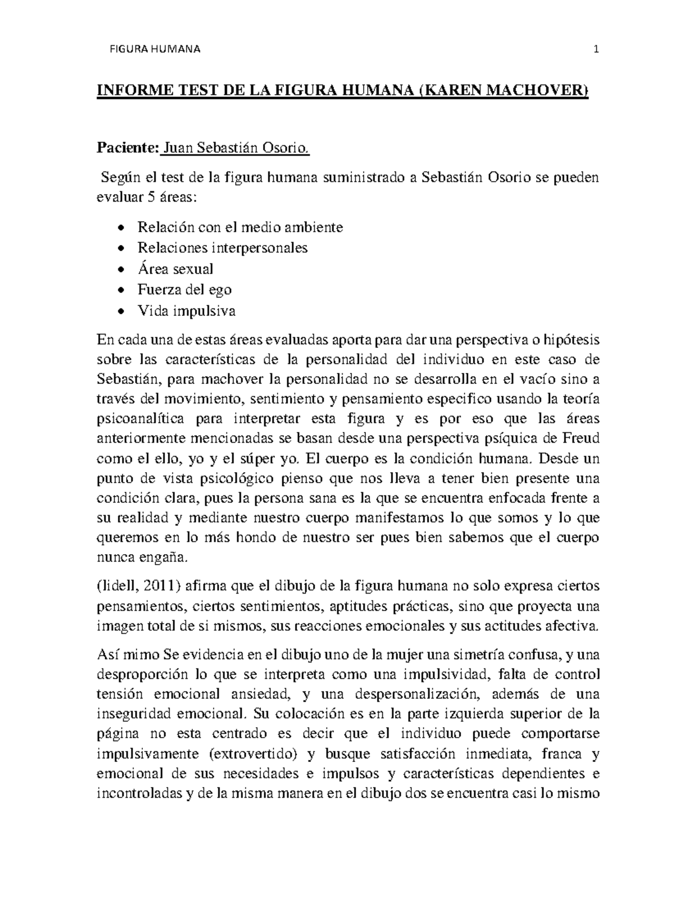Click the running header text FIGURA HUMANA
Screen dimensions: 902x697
click(155, 49)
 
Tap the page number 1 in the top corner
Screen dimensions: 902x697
click(595, 49)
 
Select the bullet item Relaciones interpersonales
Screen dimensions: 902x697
click(222, 248)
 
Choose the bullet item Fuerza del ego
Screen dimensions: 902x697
click(184, 290)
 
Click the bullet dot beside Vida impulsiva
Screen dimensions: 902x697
click(120, 312)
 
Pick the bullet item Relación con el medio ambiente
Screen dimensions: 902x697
click(240, 227)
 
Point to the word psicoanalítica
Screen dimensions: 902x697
click(140, 419)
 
